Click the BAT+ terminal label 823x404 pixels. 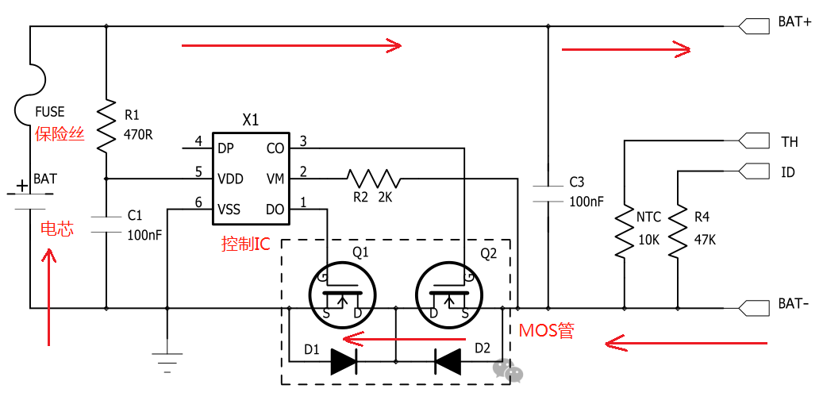(x=794, y=23)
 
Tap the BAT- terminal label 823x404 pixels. (x=794, y=304)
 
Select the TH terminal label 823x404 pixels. (x=789, y=142)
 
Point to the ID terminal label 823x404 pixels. (x=787, y=172)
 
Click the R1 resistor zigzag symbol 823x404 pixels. (x=106, y=125)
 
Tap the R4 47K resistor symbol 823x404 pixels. (x=677, y=231)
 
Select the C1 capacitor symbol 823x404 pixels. (x=106, y=223)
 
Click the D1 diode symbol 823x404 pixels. (x=344, y=362)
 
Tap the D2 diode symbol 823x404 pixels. (x=448, y=362)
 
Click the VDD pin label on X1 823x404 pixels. (x=230, y=179)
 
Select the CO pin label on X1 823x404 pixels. (x=275, y=148)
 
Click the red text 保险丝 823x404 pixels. (x=60, y=133)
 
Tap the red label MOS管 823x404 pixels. (x=546, y=330)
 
